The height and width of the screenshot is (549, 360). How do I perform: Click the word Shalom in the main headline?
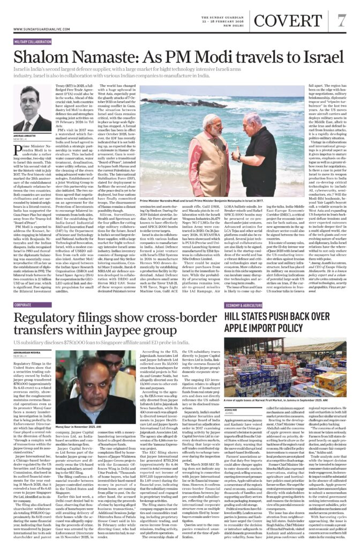coord(37,56)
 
